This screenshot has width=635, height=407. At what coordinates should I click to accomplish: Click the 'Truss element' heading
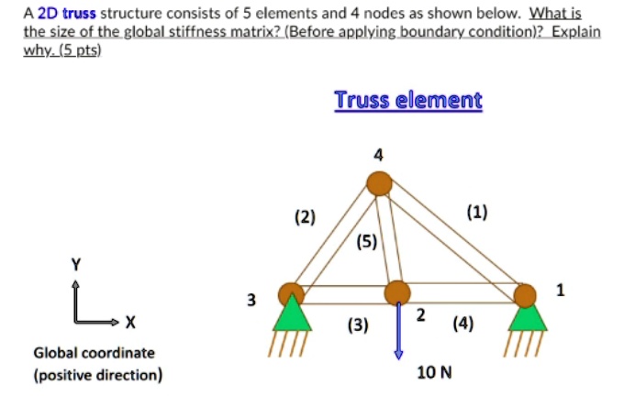[407, 100]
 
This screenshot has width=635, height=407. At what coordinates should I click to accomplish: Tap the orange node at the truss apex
[379, 183]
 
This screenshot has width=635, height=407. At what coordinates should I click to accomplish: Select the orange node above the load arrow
[397, 292]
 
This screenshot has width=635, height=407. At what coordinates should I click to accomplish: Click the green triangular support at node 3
[291, 316]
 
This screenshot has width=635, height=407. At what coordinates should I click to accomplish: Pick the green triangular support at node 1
[527, 316]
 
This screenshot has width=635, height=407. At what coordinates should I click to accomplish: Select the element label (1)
[476, 214]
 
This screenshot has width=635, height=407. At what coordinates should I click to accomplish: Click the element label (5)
[366, 242]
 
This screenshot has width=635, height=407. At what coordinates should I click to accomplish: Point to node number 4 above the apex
[378, 153]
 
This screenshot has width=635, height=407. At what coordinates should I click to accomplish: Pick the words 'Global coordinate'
[95, 353]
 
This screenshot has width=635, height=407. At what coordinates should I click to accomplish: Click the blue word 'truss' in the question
[79, 14]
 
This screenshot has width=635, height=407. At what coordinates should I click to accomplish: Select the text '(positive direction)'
[98, 374]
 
